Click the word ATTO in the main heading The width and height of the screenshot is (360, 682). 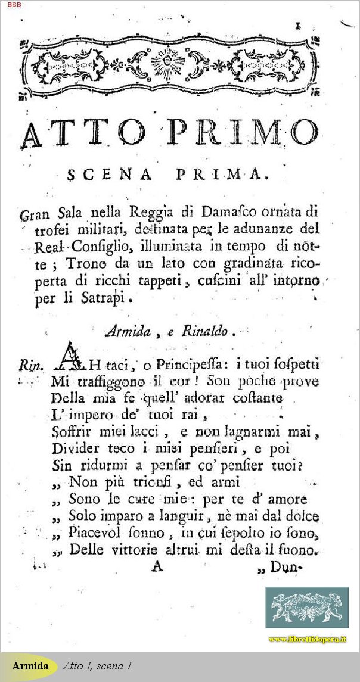pyautogui.click(x=81, y=132)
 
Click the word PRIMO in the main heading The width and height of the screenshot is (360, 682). pyautogui.click(x=244, y=132)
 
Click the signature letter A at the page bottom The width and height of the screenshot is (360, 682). pyautogui.click(x=157, y=566)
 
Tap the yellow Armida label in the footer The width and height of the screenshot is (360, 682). pyautogui.click(x=30, y=665)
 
